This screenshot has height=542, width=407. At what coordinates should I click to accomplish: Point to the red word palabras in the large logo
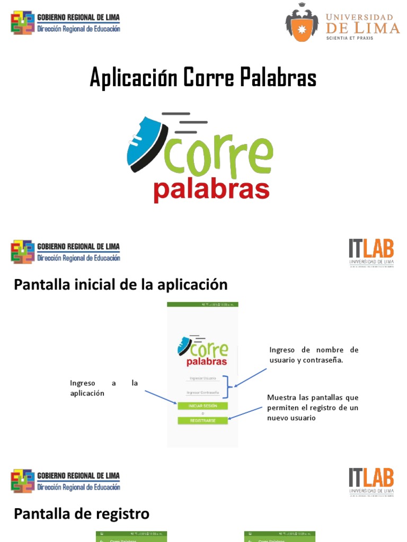(211, 191)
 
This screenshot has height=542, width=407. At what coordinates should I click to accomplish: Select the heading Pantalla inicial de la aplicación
(120, 285)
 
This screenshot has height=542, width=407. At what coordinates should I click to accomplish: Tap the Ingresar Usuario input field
(202, 378)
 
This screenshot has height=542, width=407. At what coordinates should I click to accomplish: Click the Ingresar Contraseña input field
(202, 393)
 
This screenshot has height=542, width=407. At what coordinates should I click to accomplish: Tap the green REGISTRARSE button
(202, 420)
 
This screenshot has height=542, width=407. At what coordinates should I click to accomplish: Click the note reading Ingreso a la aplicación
(104, 388)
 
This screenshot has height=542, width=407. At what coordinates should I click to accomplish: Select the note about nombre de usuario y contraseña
(314, 355)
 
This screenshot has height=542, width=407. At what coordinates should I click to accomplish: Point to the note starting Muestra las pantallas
(313, 408)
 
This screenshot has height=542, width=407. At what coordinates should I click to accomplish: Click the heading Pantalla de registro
(82, 513)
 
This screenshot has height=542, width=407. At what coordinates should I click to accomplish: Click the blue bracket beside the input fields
(228, 386)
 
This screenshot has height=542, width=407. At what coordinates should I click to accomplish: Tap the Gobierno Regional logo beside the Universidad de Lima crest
(66, 23)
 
